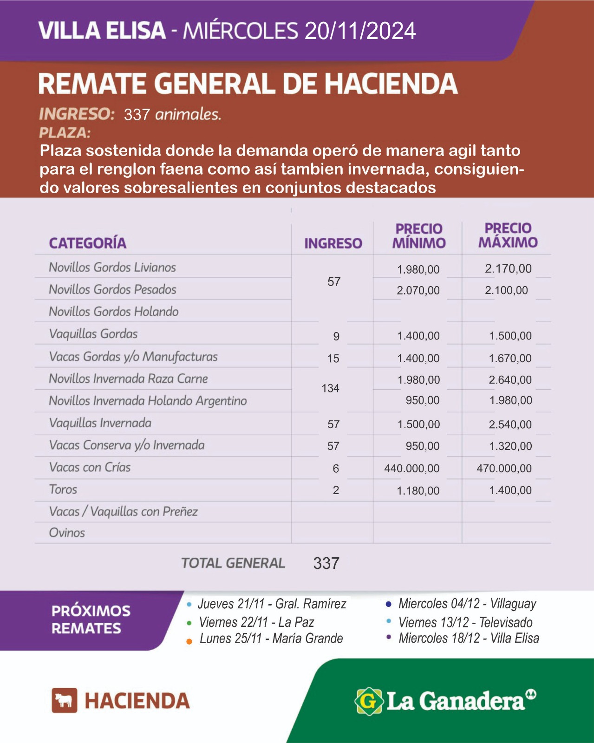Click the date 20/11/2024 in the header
coord(360,31)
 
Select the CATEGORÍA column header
coord(88,243)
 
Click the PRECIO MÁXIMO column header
coord(508,235)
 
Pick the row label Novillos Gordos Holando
coord(114,312)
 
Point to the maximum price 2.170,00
coord(508,268)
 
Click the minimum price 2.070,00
coord(418,291)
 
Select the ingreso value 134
coord(330,388)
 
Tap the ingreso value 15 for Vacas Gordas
coord(333,358)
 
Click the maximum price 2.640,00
coord(510,380)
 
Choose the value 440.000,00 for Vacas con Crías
coord(411,469)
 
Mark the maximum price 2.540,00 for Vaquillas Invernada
coord(510,424)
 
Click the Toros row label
coord(63,489)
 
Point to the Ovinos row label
coord(67,533)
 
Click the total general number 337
coord(326,563)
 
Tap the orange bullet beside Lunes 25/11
coord(189,641)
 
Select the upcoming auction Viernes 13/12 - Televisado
coord(465,622)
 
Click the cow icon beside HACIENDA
coord(64,700)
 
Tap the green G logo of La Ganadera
coord(368,701)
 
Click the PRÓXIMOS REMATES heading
coord(91,619)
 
